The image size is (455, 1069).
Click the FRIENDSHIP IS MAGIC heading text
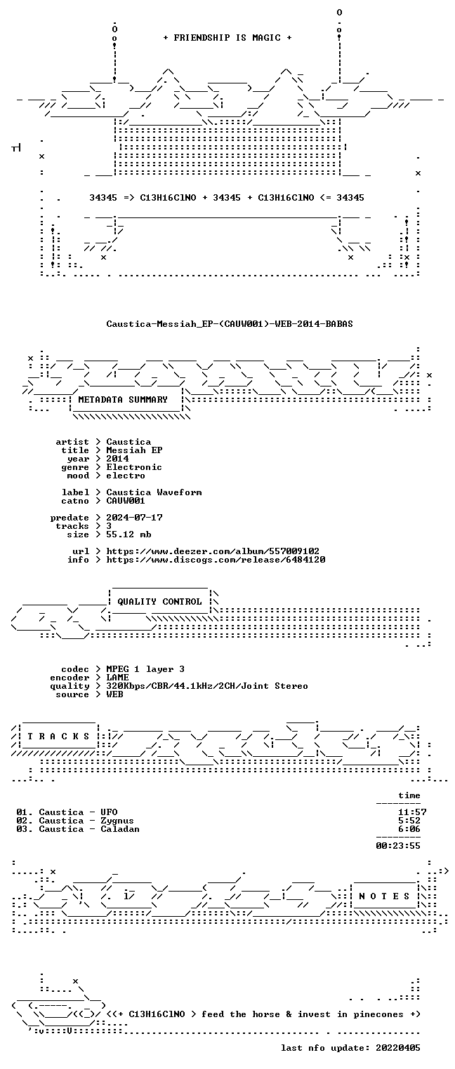[227, 38]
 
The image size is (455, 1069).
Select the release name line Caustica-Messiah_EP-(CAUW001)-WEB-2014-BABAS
[230, 324]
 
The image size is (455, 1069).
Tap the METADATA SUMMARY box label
[123, 399]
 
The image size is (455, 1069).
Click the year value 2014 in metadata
[117, 459]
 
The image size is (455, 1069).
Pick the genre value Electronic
[134, 467]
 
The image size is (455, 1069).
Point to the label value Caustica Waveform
[154, 492]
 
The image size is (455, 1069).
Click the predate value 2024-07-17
[134, 518]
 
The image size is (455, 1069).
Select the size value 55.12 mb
[128, 534]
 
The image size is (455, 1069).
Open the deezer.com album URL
[213, 551]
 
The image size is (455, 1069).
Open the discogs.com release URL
[216, 560]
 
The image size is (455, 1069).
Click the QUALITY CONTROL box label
[159, 602]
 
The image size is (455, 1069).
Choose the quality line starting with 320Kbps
[207, 686]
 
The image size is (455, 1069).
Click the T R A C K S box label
[58, 737]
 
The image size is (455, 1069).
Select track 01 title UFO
[109, 812]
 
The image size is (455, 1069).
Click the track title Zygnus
[117, 821]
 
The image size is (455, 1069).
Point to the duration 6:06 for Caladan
[409, 829]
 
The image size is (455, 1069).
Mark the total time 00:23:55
[398, 846]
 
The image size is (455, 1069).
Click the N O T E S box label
[384, 896]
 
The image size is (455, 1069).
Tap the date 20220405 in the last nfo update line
[398, 1048]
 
